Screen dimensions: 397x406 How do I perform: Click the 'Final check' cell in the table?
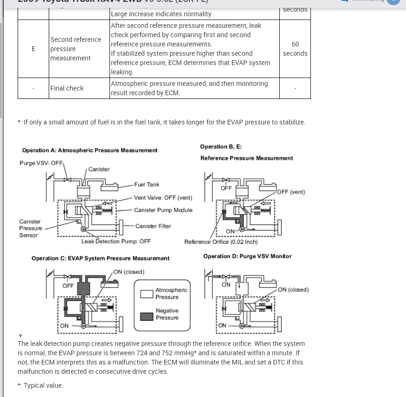pos(67,88)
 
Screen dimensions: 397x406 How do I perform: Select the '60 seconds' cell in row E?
pos(295,49)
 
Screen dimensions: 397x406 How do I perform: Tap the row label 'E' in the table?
pos(33,49)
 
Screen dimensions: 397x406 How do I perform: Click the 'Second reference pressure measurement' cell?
pos(76,49)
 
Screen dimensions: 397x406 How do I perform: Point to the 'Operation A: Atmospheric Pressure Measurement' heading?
pos(90,150)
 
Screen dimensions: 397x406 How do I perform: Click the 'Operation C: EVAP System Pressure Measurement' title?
pos(100,258)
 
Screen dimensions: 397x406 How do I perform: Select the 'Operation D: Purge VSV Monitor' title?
pos(247,256)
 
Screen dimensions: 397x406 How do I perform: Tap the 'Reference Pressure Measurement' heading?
pos(246,158)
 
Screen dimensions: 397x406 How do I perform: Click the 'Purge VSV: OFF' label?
pos(41,163)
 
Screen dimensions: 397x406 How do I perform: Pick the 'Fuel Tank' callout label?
pos(147,184)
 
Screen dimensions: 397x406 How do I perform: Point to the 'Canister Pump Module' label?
pos(163,210)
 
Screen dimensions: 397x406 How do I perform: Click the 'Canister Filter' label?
pos(153,226)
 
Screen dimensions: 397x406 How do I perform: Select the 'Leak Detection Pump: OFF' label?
pos(116,241)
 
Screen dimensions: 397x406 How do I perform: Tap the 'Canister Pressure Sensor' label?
pos(31,228)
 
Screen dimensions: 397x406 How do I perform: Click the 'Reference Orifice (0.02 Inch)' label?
pos(221,242)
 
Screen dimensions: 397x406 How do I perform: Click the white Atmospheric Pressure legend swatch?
pos(147,293)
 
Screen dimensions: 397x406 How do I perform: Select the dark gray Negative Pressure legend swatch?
pos(147,316)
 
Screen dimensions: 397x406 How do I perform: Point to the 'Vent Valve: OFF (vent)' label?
pos(163,197)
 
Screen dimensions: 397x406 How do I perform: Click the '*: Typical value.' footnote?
pos(40,385)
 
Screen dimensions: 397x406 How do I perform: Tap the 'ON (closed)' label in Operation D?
pos(294,290)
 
